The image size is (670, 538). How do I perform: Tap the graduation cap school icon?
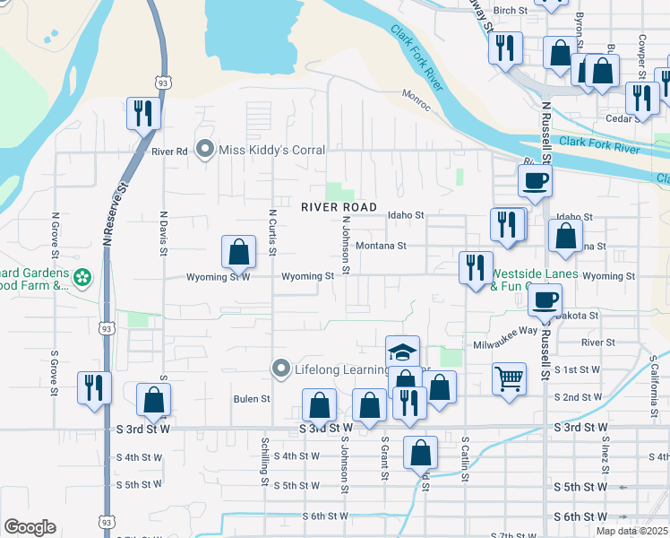click(403, 351)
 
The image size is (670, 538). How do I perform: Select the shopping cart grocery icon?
click(509, 378)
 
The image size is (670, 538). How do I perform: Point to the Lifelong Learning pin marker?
click(280, 369)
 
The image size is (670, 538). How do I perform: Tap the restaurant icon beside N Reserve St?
click(143, 113)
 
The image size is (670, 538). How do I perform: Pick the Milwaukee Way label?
click(504, 330)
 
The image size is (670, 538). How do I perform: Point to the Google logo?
click(30, 527)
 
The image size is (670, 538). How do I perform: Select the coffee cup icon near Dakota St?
click(545, 301)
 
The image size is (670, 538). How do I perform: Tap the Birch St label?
click(511, 11)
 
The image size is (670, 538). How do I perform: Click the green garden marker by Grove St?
click(82, 277)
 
